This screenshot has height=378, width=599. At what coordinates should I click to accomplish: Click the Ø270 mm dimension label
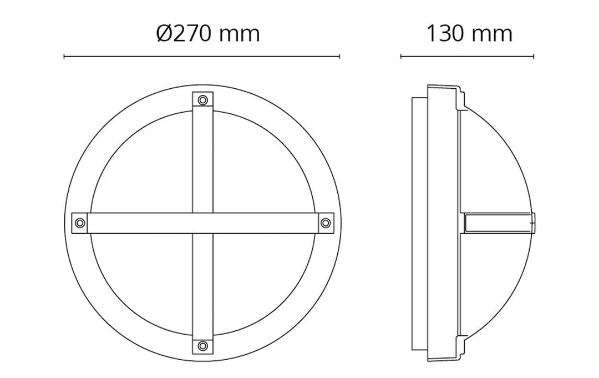tap(208, 33)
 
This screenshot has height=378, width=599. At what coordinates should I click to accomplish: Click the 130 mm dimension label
tap(469, 33)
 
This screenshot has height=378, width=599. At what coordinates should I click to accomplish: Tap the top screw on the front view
tap(203, 100)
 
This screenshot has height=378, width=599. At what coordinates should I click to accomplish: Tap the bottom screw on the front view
tap(203, 346)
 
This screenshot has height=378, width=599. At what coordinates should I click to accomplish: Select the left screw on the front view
tap(80, 223)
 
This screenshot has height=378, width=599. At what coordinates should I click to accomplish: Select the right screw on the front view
tap(326, 223)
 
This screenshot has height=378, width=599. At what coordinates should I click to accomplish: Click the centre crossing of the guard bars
tap(203, 223)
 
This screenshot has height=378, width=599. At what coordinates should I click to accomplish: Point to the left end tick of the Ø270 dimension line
tap(64, 57)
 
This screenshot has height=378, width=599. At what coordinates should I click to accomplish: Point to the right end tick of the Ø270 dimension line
tap(339, 57)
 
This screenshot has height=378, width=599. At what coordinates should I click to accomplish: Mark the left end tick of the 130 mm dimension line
tap(401, 57)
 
